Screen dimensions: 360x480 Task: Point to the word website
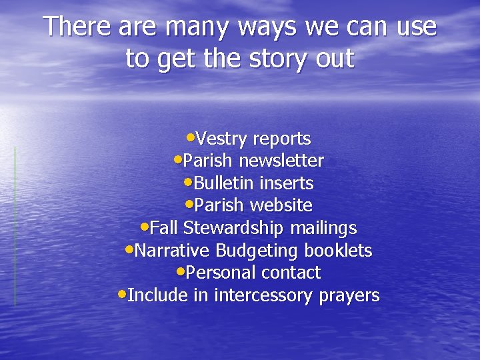[x=280, y=205]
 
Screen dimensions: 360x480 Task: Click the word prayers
[x=349, y=295]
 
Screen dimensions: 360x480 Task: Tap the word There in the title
[x=77, y=27]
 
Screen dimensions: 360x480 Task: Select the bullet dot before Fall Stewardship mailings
[x=146, y=227]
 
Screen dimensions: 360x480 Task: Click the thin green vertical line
[x=15, y=227]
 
